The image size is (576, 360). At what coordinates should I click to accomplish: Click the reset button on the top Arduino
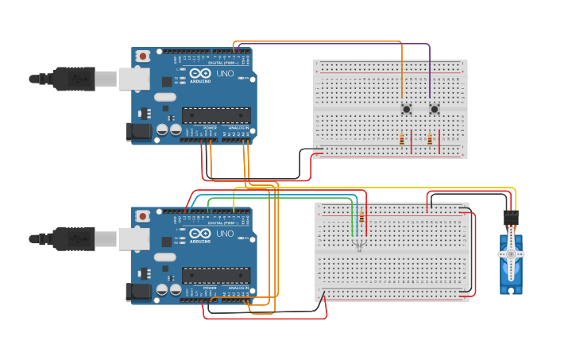[142, 56]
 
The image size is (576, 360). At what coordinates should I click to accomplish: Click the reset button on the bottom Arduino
[142, 215]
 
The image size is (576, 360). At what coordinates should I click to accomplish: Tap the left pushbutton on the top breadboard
[406, 109]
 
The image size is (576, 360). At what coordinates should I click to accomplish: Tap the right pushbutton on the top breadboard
[434, 109]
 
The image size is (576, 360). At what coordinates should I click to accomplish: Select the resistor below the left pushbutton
[402, 139]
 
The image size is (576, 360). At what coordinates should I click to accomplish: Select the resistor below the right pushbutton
[430, 139]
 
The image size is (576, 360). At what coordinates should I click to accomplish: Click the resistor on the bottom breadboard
[362, 217]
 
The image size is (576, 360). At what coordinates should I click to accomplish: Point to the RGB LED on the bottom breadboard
[359, 246]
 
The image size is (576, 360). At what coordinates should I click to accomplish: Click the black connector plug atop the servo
[510, 217]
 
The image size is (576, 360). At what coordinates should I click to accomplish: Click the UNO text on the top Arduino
[225, 74]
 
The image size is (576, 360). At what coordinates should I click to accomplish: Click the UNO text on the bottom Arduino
[225, 234]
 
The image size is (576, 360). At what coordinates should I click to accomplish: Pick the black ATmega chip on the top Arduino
[216, 115]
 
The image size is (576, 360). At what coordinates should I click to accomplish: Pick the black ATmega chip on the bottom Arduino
[216, 275]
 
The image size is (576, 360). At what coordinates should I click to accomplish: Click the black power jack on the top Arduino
[138, 133]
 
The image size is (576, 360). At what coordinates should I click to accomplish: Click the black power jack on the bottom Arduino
[138, 292]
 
